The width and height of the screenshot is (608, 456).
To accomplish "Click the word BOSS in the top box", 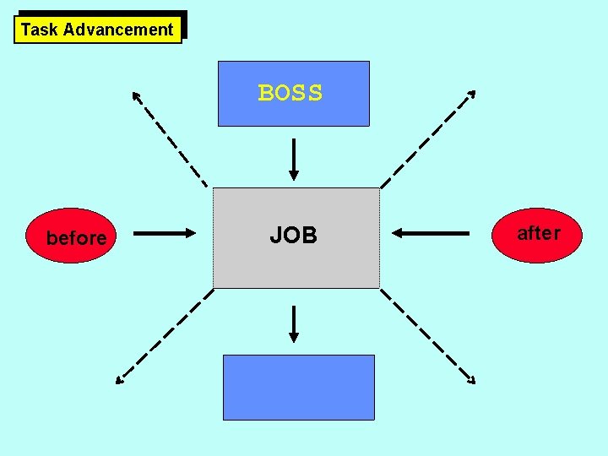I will click(x=290, y=93).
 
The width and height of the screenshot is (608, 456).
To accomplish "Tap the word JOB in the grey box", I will click(x=293, y=236).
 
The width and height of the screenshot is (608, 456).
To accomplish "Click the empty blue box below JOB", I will click(x=298, y=388).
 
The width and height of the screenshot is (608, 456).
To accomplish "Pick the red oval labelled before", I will click(x=76, y=238).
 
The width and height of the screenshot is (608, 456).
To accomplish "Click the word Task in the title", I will click(x=39, y=30).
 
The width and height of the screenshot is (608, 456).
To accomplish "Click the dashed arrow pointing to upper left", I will click(x=169, y=137).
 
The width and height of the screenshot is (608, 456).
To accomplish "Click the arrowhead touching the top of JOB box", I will click(x=293, y=175).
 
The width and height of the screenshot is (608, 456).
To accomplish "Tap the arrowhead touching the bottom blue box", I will click(x=293, y=337).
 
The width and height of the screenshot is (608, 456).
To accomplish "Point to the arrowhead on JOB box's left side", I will click(x=189, y=233).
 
